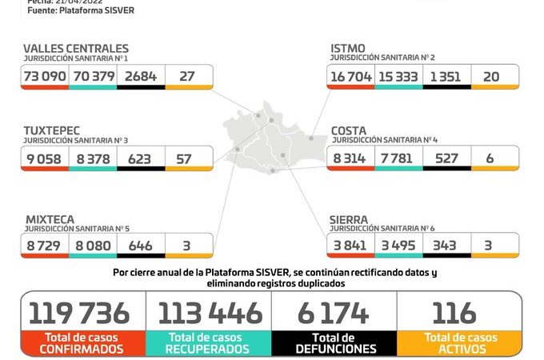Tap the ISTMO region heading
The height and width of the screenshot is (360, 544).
[348, 49]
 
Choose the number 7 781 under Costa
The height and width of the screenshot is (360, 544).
[398, 158]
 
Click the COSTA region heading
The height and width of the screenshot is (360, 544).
[350, 130]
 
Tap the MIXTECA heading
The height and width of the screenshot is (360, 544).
[50, 218]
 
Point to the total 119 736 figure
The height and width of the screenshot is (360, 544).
[84, 313]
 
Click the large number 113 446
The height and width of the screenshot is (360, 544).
[210, 313]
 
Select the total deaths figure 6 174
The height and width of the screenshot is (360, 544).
[334, 313]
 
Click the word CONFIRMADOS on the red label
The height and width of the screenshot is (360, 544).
[84, 349]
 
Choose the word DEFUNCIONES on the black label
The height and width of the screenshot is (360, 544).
[334, 349]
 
